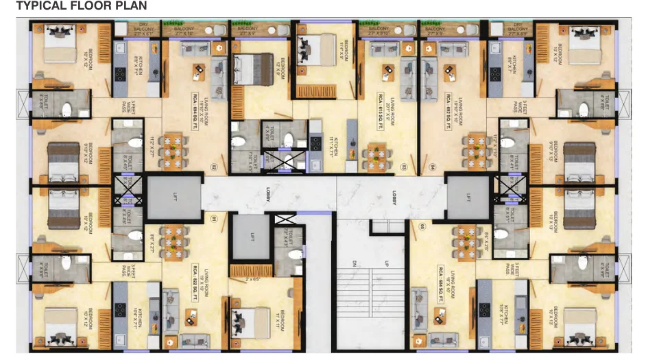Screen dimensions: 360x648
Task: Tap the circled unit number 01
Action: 214,220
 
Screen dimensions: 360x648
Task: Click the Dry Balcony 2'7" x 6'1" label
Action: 144,29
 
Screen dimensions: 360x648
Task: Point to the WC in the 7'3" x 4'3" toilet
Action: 295,254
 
